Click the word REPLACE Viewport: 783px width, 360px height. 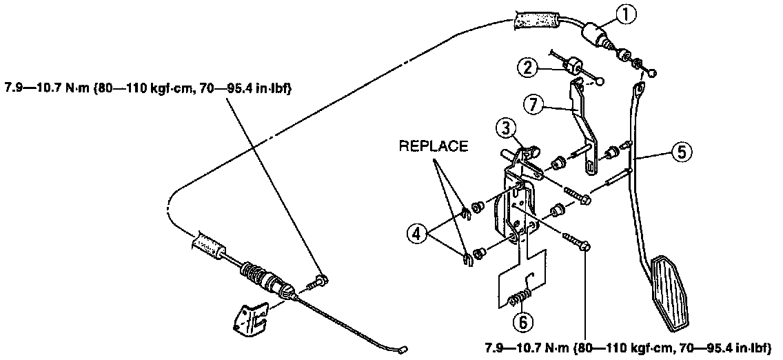click(x=433, y=146)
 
